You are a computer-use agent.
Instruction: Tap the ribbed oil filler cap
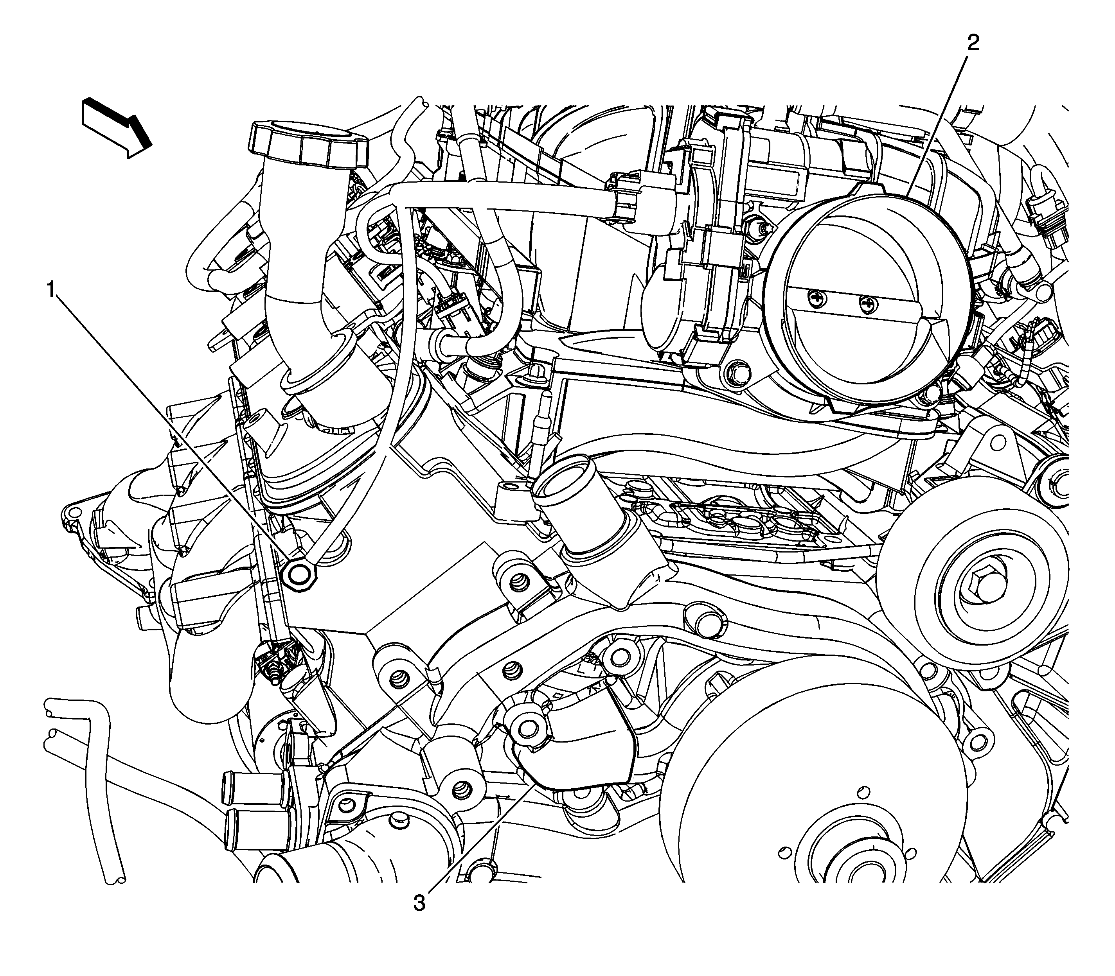pos(308,145)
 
